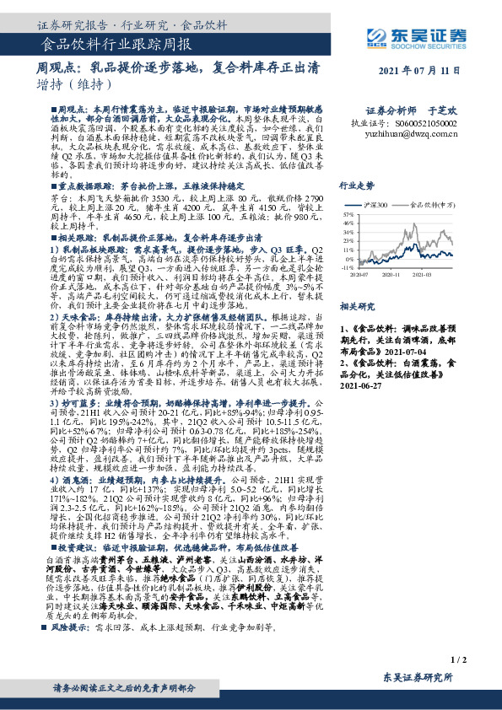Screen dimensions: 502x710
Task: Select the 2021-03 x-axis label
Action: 445,275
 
